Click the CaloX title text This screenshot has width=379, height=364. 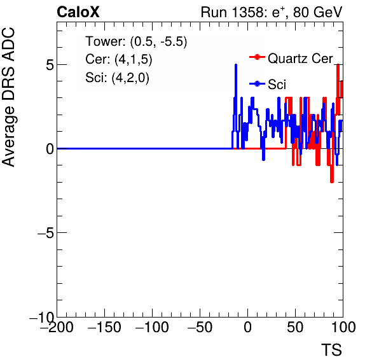pyautogui.click(x=78, y=12)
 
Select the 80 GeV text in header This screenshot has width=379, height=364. pyautogui.click(x=318, y=12)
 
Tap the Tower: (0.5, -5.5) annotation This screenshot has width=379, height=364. pyautogui.click(x=136, y=41)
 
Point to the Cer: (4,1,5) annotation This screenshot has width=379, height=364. pyautogui.click(x=119, y=59)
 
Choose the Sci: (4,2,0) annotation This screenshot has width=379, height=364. pyautogui.click(x=117, y=78)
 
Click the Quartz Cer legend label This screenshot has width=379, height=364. pyautogui.click(x=300, y=59)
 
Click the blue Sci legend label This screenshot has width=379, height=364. pyautogui.click(x=277, y=85)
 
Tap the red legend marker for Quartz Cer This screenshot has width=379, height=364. pyautogui.click(x=257, y=57)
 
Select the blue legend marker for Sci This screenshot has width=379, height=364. pyautogui.click(x=257, y=84)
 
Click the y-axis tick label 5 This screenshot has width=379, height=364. pyautogui.click(x=50, y=64)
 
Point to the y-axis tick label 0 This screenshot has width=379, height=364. pyautogui.click(x=50, y=149)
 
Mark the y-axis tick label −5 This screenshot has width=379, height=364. pyautogui.click(x=46, y=233)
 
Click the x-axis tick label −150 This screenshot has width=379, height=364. pyautogui.click(x=104, y=327)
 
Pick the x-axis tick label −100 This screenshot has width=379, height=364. pyautogui.click(x=152, y=327)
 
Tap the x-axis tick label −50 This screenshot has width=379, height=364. pyautogui.click(x=200, y=327)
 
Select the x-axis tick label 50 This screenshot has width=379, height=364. pyautogui.click(x=295, y=327)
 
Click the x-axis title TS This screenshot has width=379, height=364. pyautogui.click(x=331, y=350)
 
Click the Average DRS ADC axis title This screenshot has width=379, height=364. pyautogui.click(x=8, y=97)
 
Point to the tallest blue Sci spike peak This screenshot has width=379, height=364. pyautogui.click(x=236, y=65)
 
